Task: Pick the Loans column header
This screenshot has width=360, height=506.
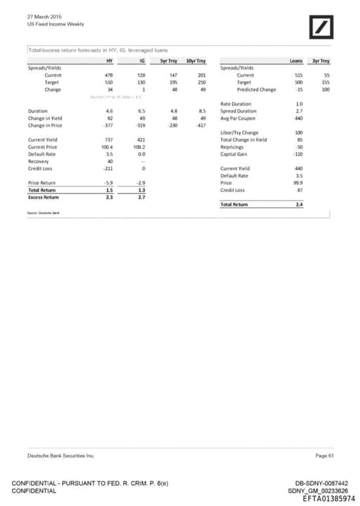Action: (296, 61)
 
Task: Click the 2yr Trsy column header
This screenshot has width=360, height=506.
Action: (321, 61)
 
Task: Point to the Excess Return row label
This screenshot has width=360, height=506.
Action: (44, 197)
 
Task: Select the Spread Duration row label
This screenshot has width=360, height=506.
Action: (240, 111)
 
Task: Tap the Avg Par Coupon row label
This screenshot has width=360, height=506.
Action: (241, 118)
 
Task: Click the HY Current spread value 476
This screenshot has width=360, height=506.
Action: (109, 75)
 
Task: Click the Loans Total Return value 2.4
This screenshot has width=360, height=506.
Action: (299, 204)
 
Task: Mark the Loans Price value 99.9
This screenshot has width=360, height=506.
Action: (297, 183)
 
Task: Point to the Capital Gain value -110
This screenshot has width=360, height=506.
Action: (297, 154)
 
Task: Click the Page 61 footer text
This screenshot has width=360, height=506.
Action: (325, 456)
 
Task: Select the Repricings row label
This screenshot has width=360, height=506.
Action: (234, 147)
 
